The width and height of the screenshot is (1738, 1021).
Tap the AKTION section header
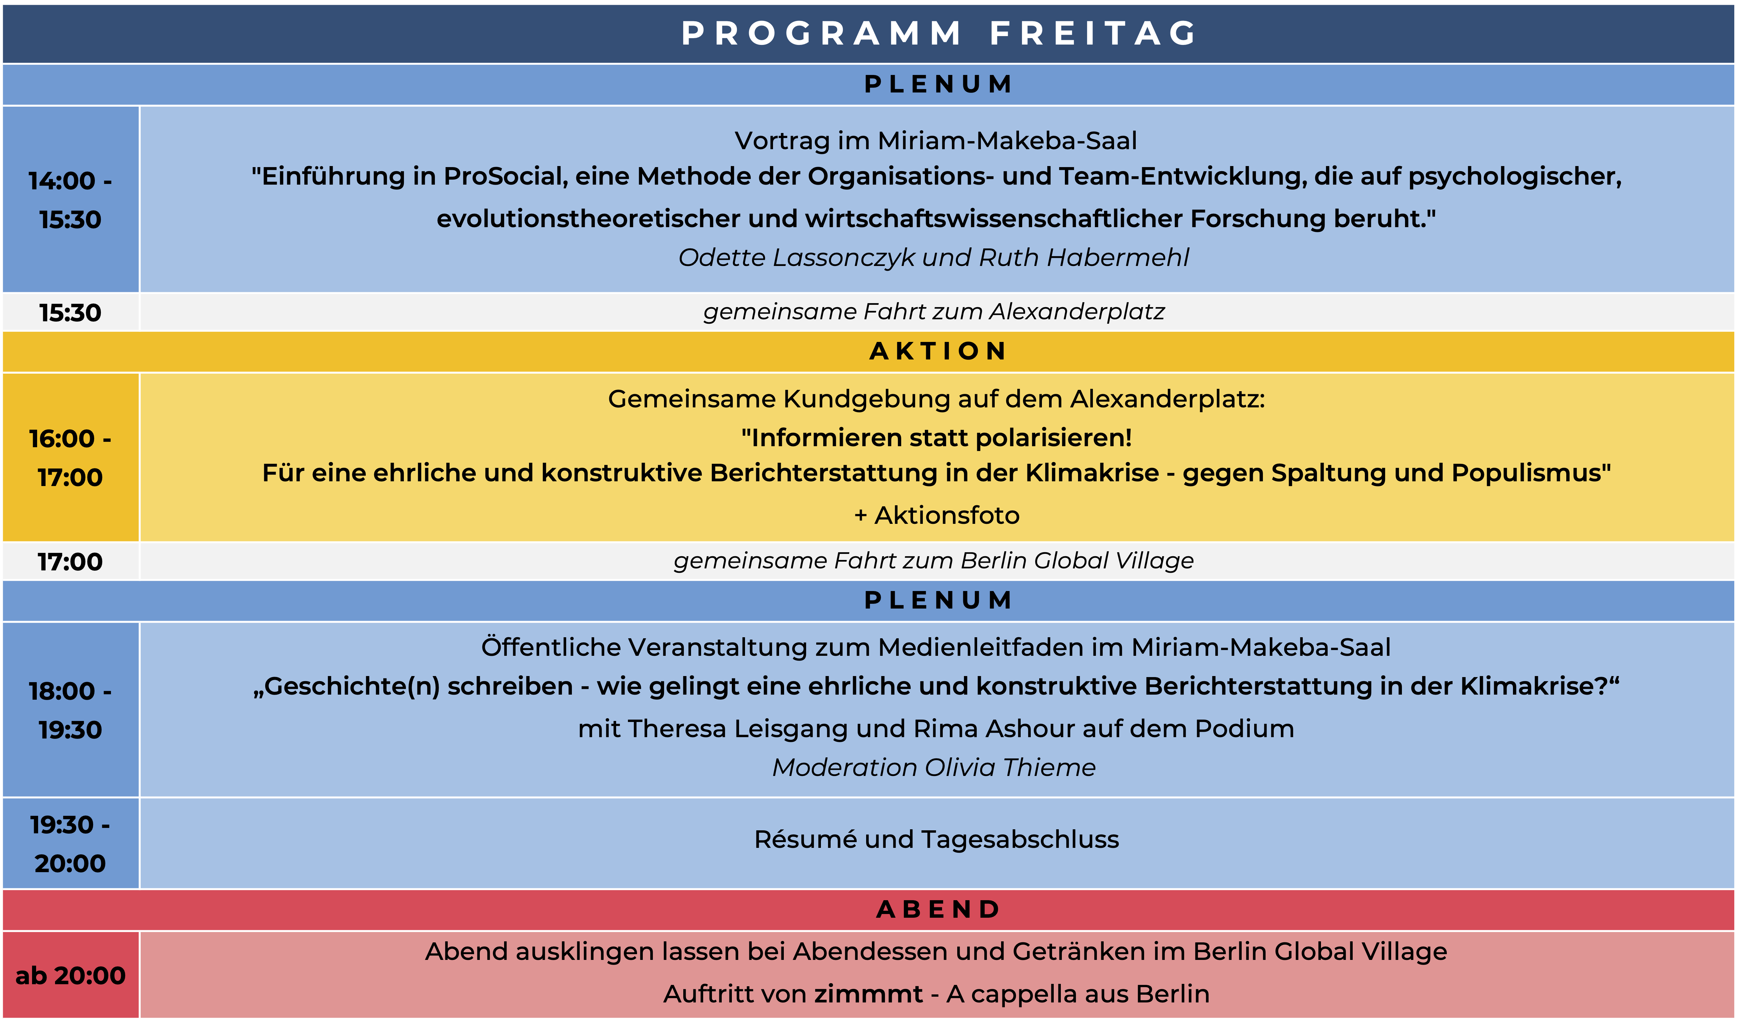pyautogui.click(x=938, y=351)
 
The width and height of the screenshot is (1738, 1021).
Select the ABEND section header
pyautogui.click(x=938, y=909)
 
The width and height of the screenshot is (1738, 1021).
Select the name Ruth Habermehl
pyautogui.click(x=1084, y=257)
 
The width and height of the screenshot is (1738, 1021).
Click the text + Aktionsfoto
pyautogui.click(x=937, y=515)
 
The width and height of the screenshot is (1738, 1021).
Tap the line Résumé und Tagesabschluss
pyautogui.click(x=937, y=839)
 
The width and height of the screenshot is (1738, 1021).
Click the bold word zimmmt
pyautogui.click(x=868, y=994)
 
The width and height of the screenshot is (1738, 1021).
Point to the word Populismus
pyautogui.click(x=1531, y=473)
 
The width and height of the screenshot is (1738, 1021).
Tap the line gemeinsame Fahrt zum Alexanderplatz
pyautogui.click(x=934, y=312)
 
